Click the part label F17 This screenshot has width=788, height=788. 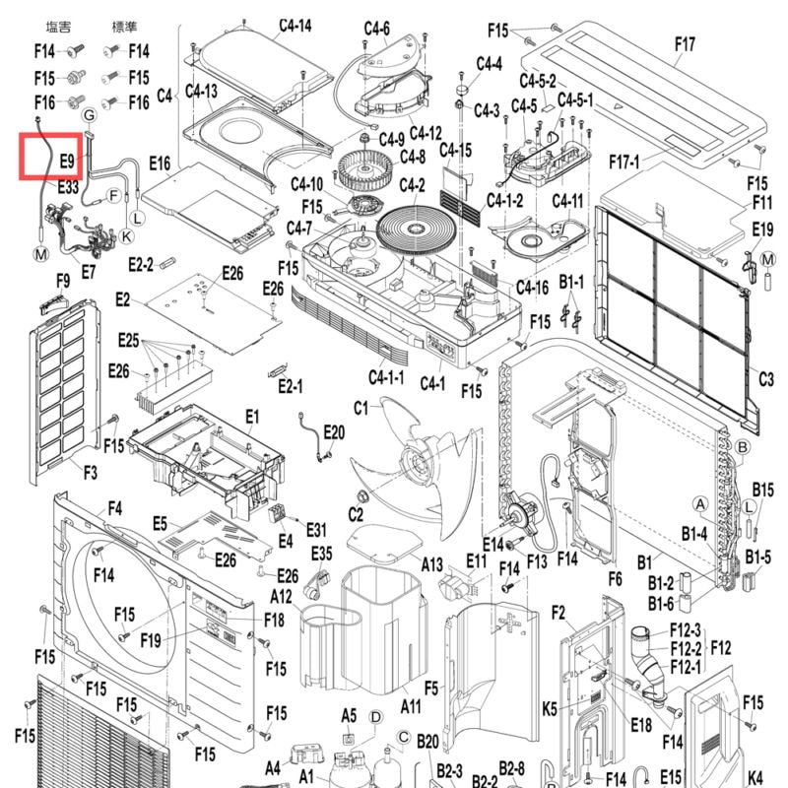pyautogui.click(x=685, y=44)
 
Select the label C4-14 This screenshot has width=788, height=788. pyautogui.click(x=295, y=26)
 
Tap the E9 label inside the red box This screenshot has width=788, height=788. pyautogui.click(x=67, y=161)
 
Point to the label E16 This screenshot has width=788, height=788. pyautogui.click(x=160, y=164)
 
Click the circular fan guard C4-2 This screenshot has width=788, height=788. pyautogui.click(x=416, y=230)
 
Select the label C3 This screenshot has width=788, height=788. pyautogui.click(x=766, y=378)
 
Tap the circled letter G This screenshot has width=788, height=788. pyautogui.click(x=89, y=115)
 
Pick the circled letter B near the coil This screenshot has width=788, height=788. pyautogui.click(x=742, y=447)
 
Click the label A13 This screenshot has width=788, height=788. pyautogui.click(x=431, y=564)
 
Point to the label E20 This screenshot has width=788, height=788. pyautogui.click(x=334, y=432)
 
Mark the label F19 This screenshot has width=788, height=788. pyautogui.click(x=151, y=640)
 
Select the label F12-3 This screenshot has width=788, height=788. pyautogui.click(x=686, y=629)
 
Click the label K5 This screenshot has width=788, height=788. pyautogui.click(x=550, y=709)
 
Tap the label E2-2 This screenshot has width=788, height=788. pyautogui.click(x=141, y=264)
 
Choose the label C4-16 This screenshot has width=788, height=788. pyautogui.click(x=532, y=288)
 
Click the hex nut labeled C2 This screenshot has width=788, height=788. pyautogui.click(x=361, y=497)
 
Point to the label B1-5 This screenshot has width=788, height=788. pyautogui.click(x=757, y=557)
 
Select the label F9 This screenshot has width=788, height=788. pyautogui.click(x=63, y=281)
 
